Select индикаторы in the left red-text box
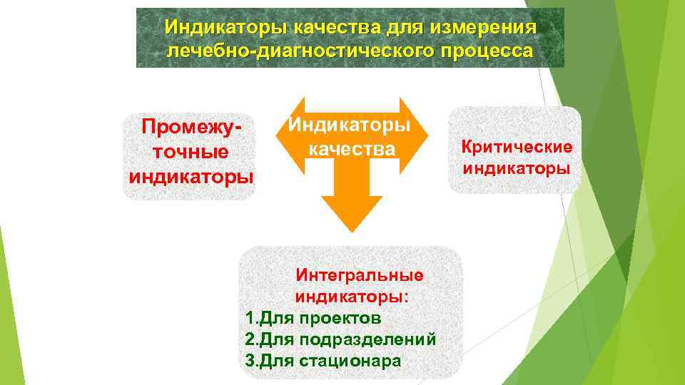pyautogui.click(x=191, y=175)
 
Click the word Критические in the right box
pyautogui.click(x=517, y=147)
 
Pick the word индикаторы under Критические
pyautogui.click(x=517, y=169)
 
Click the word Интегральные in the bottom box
pyautogui.click(x=360, y=274)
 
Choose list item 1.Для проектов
pyautogui.click(x=313, y=317)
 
